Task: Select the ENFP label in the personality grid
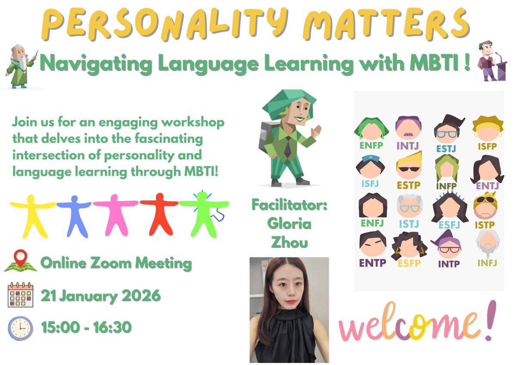pos(371,145)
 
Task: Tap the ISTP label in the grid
pos(484,224)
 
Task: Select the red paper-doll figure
pos(159,214)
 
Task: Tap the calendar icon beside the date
pos(20,295)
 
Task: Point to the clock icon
pos(20,328)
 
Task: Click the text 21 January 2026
pos(101,296)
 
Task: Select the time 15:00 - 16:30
pos(86,328)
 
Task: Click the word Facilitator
pos(289,205)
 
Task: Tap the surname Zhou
pos(289,242)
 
